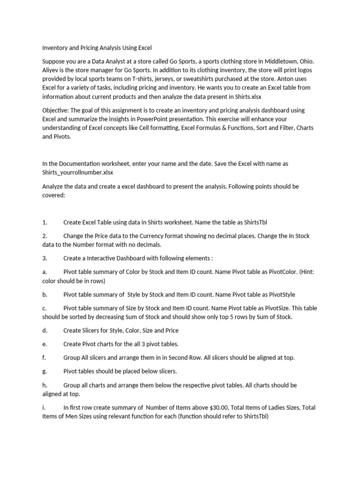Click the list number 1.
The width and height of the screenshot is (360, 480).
pyautogui.click(x=45, y=222)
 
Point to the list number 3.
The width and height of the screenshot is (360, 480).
pyautogui.click(x=45, y=258)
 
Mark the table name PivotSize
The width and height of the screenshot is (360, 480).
pyautogui.click(x=266, y=308)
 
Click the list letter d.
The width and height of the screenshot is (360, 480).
pyautogui.click(x=44, y=330)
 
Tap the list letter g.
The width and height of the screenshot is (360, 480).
pyautogui.click(x=44, y=371)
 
